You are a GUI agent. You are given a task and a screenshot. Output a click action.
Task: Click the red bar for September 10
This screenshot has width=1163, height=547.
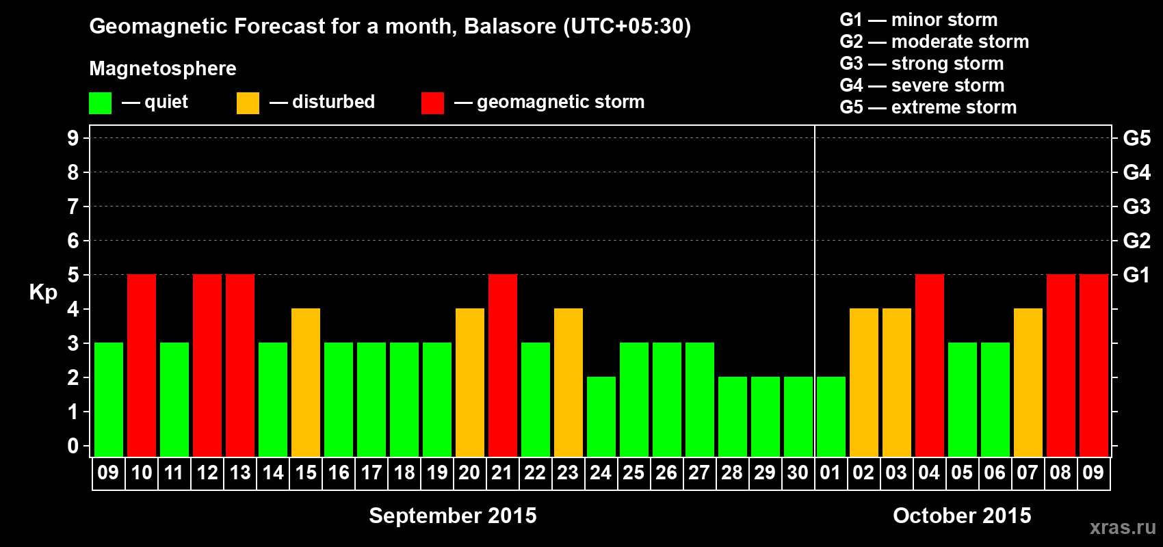(142, 365)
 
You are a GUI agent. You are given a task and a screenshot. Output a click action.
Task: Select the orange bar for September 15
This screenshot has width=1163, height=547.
(306, 382)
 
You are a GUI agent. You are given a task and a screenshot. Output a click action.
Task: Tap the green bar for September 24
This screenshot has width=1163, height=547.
(601, 416)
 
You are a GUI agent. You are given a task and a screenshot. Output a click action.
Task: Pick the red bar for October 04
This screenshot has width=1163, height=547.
(929, 365)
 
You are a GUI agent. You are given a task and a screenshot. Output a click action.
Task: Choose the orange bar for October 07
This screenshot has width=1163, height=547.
(1028, 382)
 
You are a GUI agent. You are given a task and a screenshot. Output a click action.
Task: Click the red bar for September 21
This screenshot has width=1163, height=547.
(503, 365)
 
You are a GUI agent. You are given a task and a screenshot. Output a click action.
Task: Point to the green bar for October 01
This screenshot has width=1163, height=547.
(831, 416)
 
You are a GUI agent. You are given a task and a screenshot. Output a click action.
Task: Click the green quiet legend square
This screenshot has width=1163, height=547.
(100, 103)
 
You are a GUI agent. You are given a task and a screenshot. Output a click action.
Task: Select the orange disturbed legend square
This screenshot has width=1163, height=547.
(248, 103)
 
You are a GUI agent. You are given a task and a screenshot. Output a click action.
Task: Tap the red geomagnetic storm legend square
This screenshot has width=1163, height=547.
(432, 103)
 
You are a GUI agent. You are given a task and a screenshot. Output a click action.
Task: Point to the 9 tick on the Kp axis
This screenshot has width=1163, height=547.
(73, 138)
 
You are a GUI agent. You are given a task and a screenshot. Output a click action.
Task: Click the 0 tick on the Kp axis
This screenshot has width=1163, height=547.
(73, 446)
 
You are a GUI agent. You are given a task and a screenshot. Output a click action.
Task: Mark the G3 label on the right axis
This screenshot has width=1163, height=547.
(1137, 206)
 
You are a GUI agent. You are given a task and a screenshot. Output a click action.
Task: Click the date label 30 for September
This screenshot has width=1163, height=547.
(798, 472)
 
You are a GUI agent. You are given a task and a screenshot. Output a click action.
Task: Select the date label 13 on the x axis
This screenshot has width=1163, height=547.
(240, 472)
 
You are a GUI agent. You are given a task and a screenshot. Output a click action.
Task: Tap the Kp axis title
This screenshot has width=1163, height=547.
(43, 293)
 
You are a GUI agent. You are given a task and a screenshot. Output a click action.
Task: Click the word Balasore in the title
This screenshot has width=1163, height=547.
(510, 26)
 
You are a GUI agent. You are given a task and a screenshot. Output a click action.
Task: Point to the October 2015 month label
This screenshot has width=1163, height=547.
(962, 516)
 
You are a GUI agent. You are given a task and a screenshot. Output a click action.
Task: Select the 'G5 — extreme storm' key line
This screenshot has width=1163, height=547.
(928, 107)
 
